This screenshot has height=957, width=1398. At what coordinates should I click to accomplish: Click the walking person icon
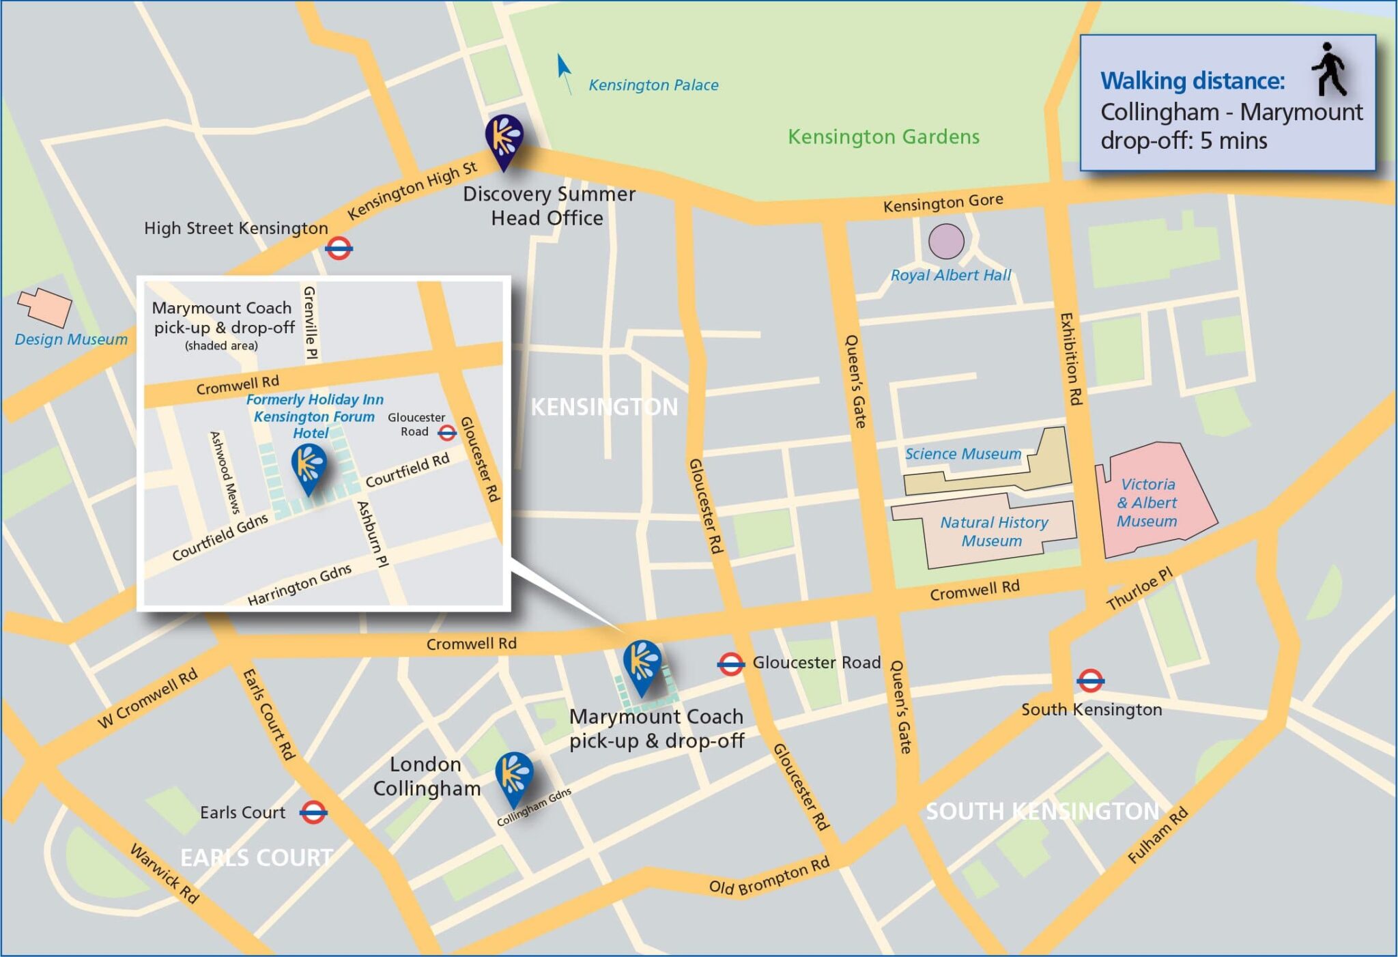point(1328,70)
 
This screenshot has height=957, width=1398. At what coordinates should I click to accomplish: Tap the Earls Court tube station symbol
point(313,812)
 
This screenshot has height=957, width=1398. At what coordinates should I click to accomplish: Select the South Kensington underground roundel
point(1090,681)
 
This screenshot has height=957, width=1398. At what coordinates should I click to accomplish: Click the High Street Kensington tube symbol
point(339,248)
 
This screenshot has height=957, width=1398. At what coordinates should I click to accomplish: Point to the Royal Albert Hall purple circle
point(946,241)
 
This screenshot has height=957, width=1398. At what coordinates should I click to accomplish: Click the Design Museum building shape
point(45,306)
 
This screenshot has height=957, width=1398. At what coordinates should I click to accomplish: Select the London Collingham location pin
point(514,777)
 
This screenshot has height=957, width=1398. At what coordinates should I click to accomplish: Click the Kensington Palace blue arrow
point(564,72)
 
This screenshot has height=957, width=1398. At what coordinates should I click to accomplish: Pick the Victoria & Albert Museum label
point(1147,503)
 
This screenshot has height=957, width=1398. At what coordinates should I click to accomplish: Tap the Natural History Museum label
point(993,532)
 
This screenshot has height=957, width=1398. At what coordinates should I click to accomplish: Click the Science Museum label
point(962,454)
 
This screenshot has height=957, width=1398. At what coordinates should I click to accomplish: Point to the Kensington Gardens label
point(883,137)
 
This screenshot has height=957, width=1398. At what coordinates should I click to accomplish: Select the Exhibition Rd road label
point(1070,359)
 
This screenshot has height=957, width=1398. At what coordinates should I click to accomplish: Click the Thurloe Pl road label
point(1139,588)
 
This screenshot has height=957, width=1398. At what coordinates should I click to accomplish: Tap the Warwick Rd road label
point(165,874)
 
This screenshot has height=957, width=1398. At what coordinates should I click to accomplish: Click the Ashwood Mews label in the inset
point(225,472)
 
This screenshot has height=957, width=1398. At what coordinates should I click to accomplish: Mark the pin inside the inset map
point(309,467)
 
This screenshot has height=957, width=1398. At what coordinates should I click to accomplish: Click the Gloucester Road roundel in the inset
point(447,432)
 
